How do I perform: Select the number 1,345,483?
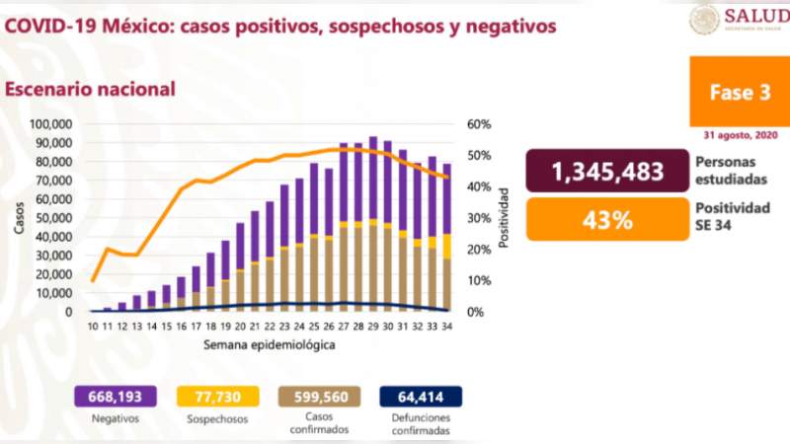click(x=607, y=172)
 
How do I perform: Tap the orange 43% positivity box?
click(x=607, y=219)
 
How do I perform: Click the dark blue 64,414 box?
click(x=421, y=397)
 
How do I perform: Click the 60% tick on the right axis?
click(x=478, y=125)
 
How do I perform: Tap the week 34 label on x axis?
click(x=447, y=325)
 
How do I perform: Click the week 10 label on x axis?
click(x=93, y=325)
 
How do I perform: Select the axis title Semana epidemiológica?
click(x=270, y=346)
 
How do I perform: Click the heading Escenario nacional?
click(x=91, y=89)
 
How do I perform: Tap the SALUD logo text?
click(x=755, y=15)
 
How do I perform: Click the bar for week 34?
click(x=447, y=237)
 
